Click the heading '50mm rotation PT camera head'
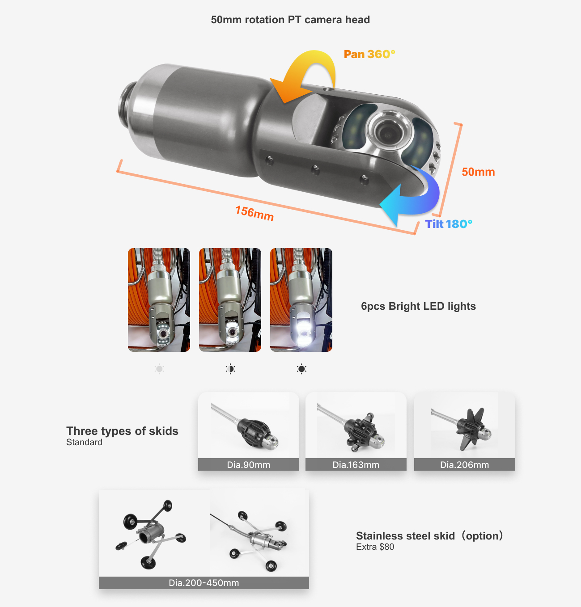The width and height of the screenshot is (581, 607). [x=290, y=20]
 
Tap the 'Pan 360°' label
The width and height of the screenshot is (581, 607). [x=369, y=54]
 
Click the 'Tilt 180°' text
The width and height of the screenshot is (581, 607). [x=448, y=224]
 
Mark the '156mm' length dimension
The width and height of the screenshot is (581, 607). [x=254, y=213]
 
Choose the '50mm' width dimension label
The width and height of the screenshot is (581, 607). [x=478, y=172]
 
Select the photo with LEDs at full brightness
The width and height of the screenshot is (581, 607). [x=301, y=300]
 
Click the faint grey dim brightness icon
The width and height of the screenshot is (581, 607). [x=159, y=369]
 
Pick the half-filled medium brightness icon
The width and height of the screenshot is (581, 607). [x=230, y=369]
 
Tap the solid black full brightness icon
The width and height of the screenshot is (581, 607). [x=301, y=369]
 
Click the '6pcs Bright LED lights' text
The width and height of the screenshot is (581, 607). [x=418, y=306]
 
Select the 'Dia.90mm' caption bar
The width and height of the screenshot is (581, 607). [x=248, y=464]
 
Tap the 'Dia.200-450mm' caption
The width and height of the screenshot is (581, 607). [x=204, y=583]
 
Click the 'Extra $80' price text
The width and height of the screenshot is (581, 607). [x=375, y=547]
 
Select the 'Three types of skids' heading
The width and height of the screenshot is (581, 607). [x=122, y=431]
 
